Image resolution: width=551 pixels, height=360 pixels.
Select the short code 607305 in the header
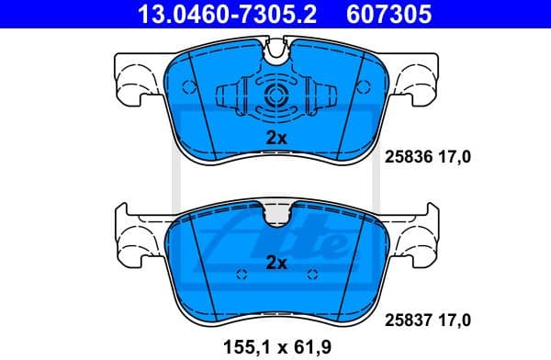tap(374, 14)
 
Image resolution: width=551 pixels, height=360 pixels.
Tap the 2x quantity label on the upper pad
tap(276, 138)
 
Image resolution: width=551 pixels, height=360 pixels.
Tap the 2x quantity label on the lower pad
tap(276, 263)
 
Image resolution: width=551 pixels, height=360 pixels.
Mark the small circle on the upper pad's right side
tap(365, 87)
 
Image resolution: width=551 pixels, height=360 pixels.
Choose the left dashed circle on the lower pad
tap(242, 275)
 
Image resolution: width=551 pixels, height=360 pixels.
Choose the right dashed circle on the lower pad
tap(312, 275)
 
